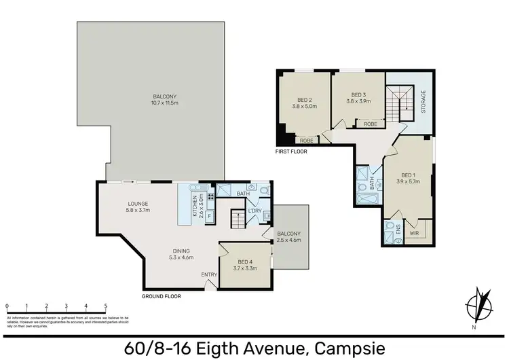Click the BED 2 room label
pos(304,99)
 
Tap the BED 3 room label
pos(358,94)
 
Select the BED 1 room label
pos(409,175)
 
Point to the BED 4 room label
pos(246,261)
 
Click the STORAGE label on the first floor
pos(423,102)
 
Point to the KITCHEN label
pos(194,204)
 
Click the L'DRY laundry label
pos(255,212)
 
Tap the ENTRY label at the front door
pos(209,274)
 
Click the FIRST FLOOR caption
pos(291,151)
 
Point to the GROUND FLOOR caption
pos(162,296)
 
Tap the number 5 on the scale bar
pos(105,306)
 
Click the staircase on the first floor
pos(398,103)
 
